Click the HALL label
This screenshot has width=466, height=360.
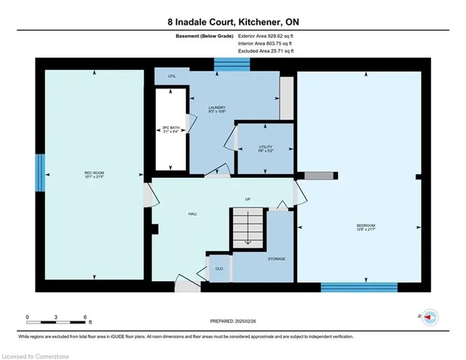pyautogui.click(x=193, y=214)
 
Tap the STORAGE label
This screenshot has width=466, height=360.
pyautogui.click(x=276, y=259)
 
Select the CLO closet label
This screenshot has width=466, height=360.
pyautogui.click(x=218, y=267)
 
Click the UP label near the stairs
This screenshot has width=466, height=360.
pyautogui.click(x=248, y=199)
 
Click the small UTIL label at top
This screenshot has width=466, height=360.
pyautogui.click(x=172, y=76)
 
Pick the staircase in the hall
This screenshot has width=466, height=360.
pyautogui.click(x=248, y=227)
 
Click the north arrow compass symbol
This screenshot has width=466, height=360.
pyautogui.click(x=429, y=317)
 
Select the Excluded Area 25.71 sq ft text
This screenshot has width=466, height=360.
pyautogui.click(x=266, y=52)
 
